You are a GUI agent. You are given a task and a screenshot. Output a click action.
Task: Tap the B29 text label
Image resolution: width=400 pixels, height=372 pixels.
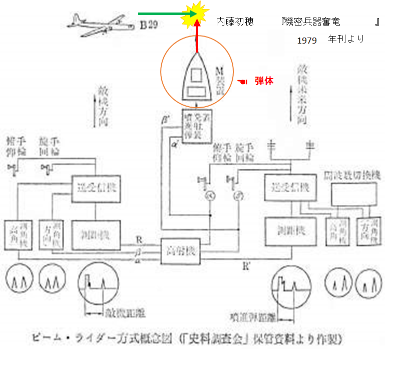click(x=149, y=26)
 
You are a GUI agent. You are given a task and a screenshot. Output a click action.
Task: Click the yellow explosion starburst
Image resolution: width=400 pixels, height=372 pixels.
click(x=196, y=14)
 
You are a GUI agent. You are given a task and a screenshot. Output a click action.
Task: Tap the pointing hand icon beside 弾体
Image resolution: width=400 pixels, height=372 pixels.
click(x=243, y=81)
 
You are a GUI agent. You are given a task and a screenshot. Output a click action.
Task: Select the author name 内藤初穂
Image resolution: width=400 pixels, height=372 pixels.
click(x=234, y=22)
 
